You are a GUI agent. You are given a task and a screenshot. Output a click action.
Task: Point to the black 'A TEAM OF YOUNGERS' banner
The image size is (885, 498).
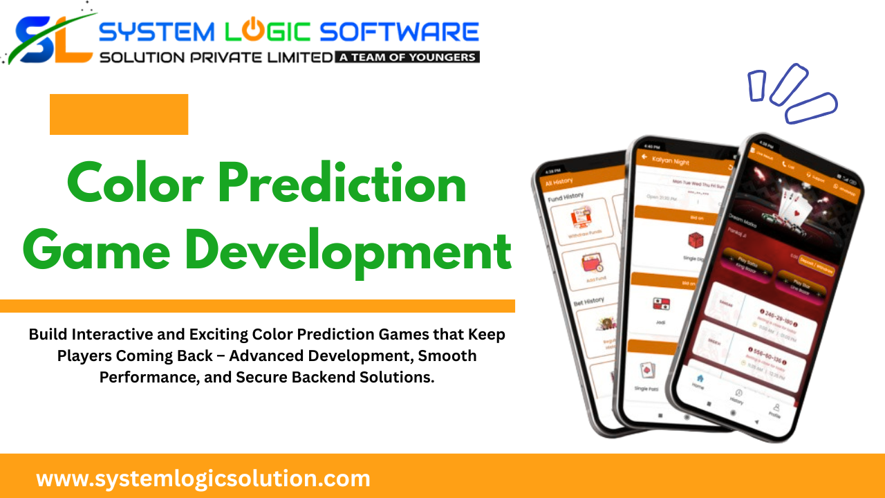(407, 57)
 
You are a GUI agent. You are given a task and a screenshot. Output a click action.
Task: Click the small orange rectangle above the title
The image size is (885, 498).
(119, 114)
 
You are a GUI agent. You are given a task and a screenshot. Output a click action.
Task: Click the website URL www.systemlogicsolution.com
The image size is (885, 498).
(203, 479)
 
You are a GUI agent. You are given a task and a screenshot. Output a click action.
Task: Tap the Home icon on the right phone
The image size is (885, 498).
(698, 380)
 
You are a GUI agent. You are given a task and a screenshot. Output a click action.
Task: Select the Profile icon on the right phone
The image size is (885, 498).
(776, 411)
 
